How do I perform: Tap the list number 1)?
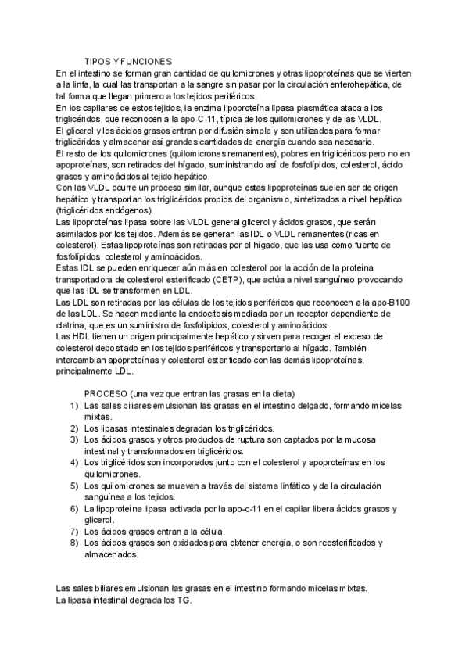pyautogui.click(x=73, y=406)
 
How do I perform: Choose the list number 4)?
pyautogui.click(x=73, y=462)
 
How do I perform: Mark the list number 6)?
pyautogui.click(x=73, y=508)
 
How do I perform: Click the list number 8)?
pyautogui.click(x=73, y=543)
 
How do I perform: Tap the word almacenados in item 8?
pyautogui.click(x=112, y=554)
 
